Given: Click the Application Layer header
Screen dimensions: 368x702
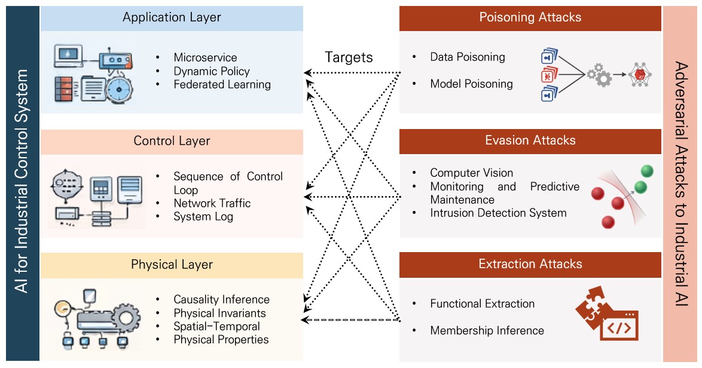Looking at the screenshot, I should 172,17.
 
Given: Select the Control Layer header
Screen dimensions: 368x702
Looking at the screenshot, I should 172,142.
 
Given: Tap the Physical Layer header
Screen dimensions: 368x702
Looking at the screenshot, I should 172,265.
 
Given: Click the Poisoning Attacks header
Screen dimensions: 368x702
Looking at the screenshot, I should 530,17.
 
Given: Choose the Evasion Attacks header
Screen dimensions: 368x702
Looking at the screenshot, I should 530,140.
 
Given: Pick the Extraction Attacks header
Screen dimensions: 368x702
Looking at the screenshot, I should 530,264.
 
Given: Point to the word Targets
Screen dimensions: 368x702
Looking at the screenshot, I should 349,57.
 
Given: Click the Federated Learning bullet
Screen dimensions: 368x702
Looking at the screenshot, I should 222,85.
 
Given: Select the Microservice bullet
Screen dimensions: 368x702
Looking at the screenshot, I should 205,58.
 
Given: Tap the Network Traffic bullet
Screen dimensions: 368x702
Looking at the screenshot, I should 212,204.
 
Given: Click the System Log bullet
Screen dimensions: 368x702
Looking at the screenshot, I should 203,217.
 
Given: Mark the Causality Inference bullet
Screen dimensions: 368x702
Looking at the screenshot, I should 221,300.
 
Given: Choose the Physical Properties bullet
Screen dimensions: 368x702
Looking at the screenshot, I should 221,340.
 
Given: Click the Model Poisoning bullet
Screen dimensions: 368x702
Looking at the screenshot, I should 471,84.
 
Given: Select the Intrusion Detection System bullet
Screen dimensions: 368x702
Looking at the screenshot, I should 498,213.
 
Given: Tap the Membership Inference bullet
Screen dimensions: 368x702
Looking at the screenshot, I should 487,331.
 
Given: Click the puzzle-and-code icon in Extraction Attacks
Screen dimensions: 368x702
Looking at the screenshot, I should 606,314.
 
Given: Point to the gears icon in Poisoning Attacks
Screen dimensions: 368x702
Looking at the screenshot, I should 600,75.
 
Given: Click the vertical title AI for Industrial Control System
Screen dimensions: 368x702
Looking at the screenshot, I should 22,182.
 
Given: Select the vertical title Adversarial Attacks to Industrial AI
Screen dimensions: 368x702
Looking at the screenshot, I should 681,182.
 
